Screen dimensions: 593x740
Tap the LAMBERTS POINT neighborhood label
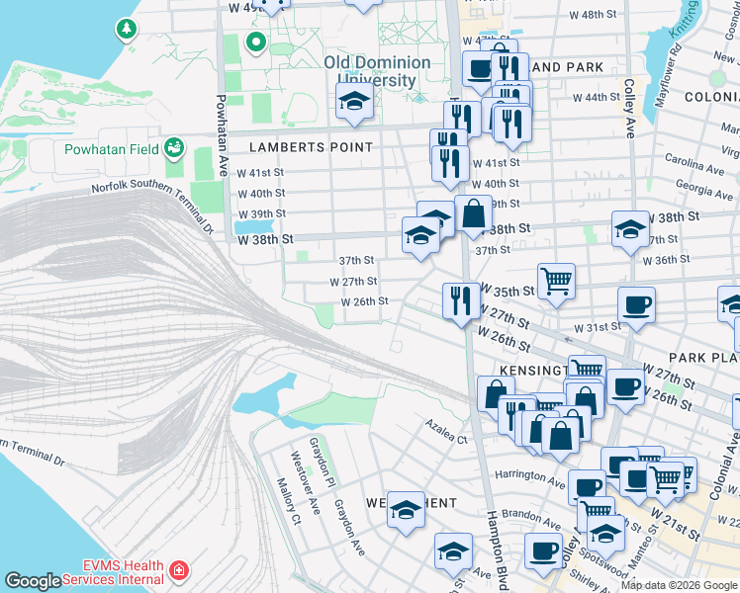click(x=311, y=147)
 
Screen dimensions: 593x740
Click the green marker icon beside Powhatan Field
click(x=175, y=148)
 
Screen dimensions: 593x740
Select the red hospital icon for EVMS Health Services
click(x=178, y=571)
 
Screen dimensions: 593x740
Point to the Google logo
click(x=33, y=581)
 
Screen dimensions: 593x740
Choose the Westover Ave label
click(x=304, y=482)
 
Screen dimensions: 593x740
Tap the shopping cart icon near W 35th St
click(x=556, y=279)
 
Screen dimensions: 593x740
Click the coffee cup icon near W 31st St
click(x=636, y=303)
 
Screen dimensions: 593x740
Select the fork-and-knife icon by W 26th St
click(x=460, y=299)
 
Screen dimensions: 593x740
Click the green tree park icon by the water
click(x=126, y=29)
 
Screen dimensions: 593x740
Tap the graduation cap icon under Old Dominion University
click(x=353, y=101)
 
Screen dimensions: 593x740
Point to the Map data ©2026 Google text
click(x=678, y=585)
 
